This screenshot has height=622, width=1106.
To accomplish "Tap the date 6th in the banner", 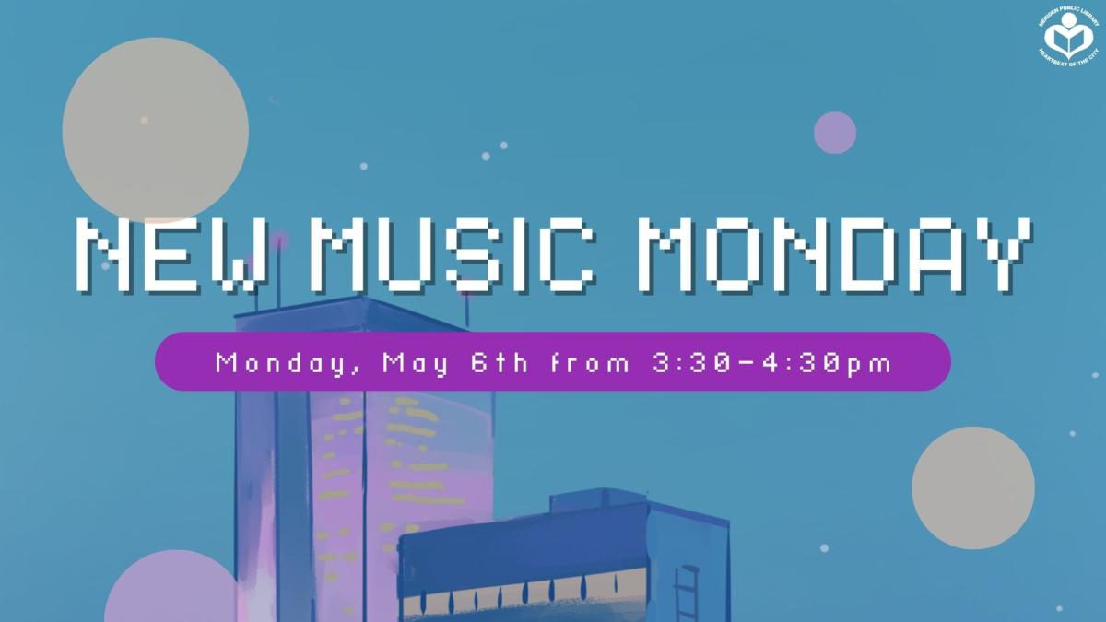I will coord(499,362).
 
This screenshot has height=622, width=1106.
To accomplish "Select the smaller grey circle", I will coord(973,488).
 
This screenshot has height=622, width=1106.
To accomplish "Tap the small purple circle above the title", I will coord(835,133).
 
